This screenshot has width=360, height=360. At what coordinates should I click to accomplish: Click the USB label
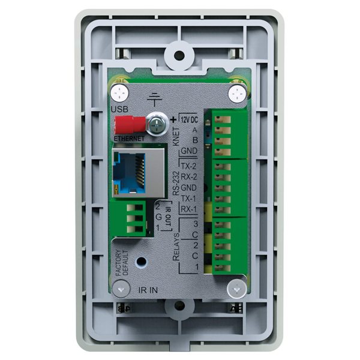click(x=119, y=109)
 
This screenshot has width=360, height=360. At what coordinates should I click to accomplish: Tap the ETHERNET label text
click(x=129, y=139)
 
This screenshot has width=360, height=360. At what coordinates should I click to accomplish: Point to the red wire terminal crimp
click(x=130, y=125)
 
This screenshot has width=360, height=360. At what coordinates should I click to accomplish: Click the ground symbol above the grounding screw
click(x=155, y=100)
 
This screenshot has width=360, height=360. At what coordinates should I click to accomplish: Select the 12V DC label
click(x=189, y=119)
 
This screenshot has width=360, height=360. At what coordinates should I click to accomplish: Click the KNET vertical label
click(x=176, y=137)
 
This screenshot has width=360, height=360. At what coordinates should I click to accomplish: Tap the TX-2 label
click(x=189, y=166)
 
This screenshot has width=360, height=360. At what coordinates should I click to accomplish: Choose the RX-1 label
click(x=189, y=209)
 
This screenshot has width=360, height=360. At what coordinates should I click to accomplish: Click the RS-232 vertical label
click(x=176, y=184)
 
